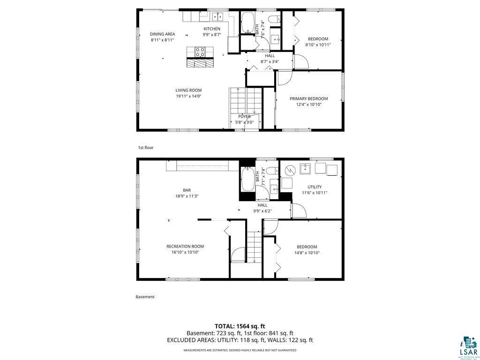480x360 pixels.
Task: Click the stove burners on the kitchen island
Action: pyautogui.click(x=200, y=52)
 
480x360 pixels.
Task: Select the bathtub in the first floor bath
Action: pyautogui.click(x=247, y=22)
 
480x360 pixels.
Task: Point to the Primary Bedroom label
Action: pyautogui.click(x=308, y=98)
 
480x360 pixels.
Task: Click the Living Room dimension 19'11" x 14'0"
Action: pyautogui.click(x=188, y=96)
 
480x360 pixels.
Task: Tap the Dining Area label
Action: pyautogui.click(x=162, y=34)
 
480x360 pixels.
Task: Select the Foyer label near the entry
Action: pyautogui.click(x=244, y=116)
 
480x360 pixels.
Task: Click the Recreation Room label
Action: pyautogui.click(x=185, y=246)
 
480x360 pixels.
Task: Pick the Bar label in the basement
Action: pyautogui.click(x=187, y=190)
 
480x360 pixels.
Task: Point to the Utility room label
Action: pyautogui.click(x=315, y=187)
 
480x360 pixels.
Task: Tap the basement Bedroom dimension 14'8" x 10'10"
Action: pyautogui.click(x=307, y=253)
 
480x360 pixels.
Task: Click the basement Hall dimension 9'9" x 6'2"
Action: pyautogui.click(x=262, y=211)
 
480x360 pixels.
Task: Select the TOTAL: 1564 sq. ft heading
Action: pyautogui.click(x=240, y=326)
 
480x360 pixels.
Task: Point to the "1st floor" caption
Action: pyautogui.click(x=145, y=148)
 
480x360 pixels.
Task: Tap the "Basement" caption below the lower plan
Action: pyautogui.click(x=145, y=297)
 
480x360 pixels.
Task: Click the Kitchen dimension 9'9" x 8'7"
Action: pyautogui.click(x=211, y=35)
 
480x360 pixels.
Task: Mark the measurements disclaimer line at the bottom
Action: pyautogui.click(x=240, y=350)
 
